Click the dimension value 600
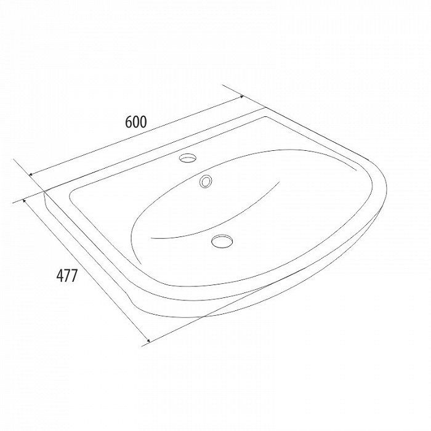pos(136,122)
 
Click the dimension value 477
pos(67,275)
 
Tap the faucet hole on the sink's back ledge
pos(188,158)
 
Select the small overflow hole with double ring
pos(206,181)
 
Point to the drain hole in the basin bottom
pos(222,241)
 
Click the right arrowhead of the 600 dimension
pos(241,97)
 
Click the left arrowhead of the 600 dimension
pos(31,174)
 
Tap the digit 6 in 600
pos(129,122)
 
